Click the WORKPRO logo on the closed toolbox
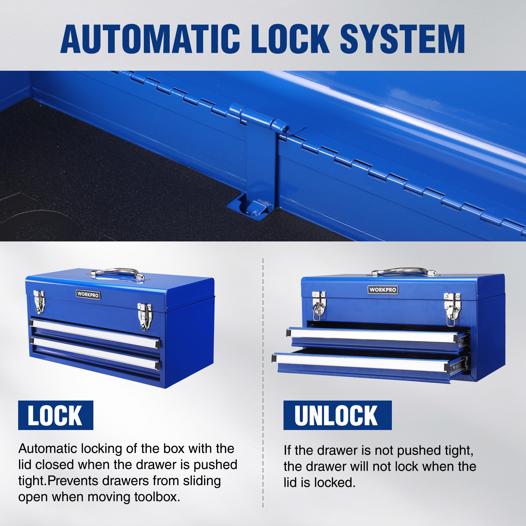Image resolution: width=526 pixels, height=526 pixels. (x=88, y=294)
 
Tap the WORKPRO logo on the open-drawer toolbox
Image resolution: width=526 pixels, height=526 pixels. (x=383, y=290)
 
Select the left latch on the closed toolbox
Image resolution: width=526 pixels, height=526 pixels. (x=39, y=301)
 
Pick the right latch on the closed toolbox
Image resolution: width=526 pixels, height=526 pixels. (x=144, y=316)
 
